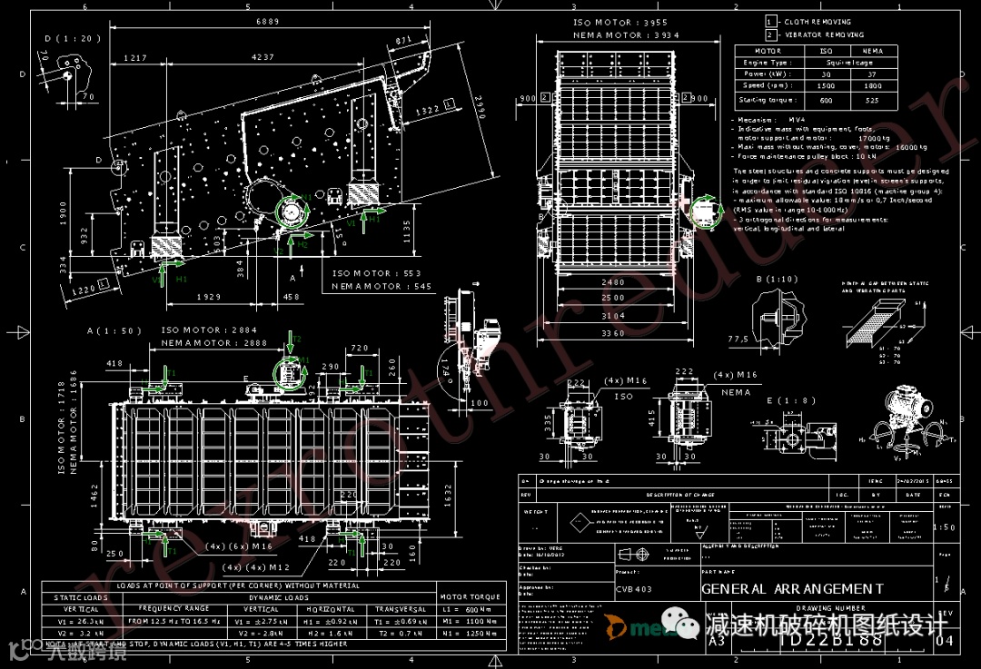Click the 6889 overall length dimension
[x=267, y=22]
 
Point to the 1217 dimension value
[x=134, y=57]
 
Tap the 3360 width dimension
[x=613, y=334]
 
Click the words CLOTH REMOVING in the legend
[x=817, y=22]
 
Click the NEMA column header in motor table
[x=872, y=51]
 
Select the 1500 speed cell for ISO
[x=826, y=85]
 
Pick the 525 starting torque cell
[x=872, y=100]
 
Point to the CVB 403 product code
[x=634, y=588]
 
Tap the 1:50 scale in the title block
[x=944, y=527]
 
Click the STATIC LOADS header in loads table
[x=81, y=597]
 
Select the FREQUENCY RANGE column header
[x=173, y=609]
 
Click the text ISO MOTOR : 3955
[x=620, y=22]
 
